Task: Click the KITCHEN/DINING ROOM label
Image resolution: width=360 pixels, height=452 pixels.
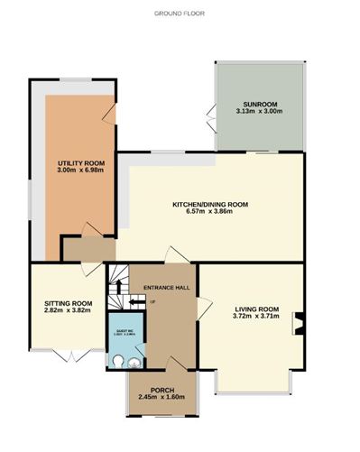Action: pyautogui.click(x=209, y=205)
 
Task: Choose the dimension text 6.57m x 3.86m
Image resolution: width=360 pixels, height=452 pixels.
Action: pyautogui.click(x=209, y=213)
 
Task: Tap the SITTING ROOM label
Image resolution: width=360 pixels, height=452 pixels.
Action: pyautogui.click(x=69, y=303)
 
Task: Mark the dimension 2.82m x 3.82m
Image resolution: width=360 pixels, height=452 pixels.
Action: pyautogui.click(x=69, y=311)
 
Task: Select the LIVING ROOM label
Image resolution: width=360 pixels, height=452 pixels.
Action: pyautogui.click(x=255, y=309)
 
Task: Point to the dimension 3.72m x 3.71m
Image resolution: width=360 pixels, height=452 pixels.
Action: pyautogui.click(x=255, y=318)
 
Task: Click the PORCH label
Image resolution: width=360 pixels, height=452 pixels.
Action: pyautogui.click(x=162, y=390)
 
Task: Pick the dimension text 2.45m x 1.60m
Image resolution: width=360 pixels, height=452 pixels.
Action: pyautogui.click(x=162, y=398)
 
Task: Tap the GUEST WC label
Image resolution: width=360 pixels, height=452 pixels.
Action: pyautogui.click(x=125, y=331)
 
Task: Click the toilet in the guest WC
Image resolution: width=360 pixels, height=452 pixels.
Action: pyautogui.click(x=117, y=360)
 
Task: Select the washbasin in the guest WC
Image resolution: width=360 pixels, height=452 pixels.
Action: pyautogui.click(x=134, y=363)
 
